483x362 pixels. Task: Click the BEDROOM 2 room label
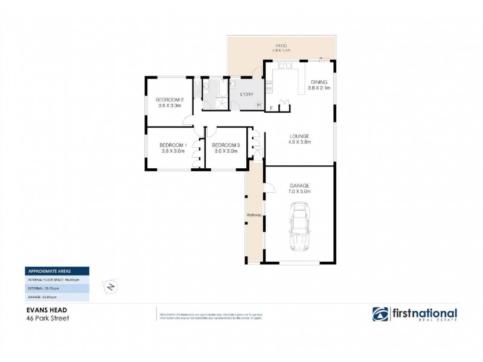[169, 100]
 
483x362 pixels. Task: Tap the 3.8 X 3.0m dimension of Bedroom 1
[173, 151]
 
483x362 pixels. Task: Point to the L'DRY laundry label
[246, 95]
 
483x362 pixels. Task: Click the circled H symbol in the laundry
[259, 105]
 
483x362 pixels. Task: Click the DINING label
[319, 82]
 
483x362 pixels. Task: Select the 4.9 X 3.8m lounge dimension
[299, 143]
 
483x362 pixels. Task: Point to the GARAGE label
[299, 185]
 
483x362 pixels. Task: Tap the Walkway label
[253, 215]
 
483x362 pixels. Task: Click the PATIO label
[281, 45]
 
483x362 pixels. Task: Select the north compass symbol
[110, 287]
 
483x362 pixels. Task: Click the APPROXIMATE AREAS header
[48, 271]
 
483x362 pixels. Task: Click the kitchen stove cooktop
[269, 86]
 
